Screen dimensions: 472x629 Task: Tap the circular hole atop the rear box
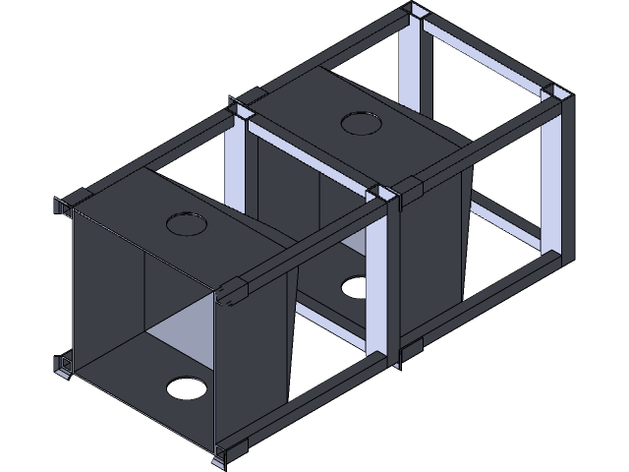[361, 123]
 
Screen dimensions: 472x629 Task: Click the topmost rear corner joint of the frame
[418, 18]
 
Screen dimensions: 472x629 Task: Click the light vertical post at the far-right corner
[551, 177]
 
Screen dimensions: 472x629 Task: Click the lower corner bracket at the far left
[64, 365]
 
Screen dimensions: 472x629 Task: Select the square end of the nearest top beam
[234, 293]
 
